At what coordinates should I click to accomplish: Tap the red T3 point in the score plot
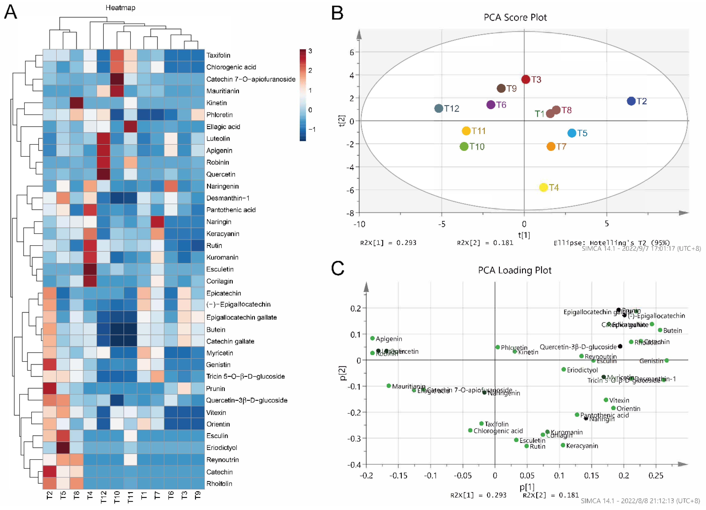(x=525, y=79)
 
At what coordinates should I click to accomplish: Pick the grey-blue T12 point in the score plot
(x=439, y=108)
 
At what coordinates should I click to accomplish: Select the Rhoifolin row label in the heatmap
(x=219, y=483)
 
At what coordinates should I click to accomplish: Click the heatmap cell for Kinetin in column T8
(x=77, y=103)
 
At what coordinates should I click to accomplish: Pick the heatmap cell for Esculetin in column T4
(x=90, y=269)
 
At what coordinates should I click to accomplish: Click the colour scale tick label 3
(x=310, y=51)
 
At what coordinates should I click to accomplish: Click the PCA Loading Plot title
(x=515, y=270)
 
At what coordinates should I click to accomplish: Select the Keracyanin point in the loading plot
(x=563, y=445)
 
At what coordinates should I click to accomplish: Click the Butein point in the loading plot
(x=660, y=330)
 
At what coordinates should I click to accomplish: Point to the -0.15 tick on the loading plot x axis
(x=398, y=475)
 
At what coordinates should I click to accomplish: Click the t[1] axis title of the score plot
(x=524, y=235)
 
